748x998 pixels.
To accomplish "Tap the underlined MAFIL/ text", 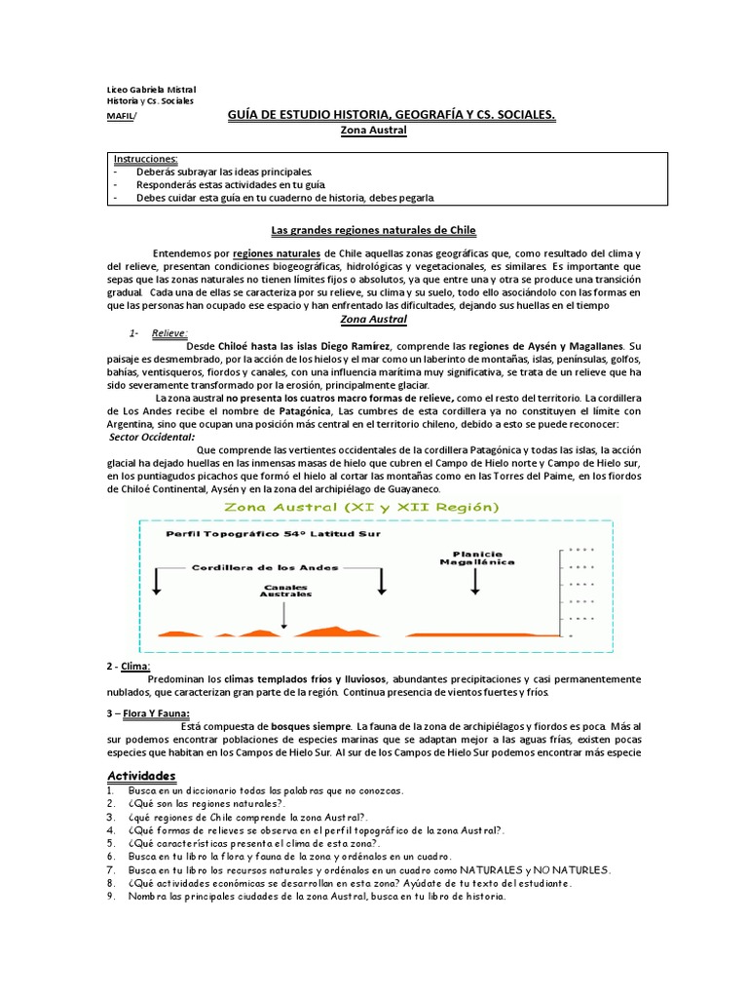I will pos(122,115).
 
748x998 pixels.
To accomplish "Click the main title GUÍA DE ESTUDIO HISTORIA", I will pos(391,115).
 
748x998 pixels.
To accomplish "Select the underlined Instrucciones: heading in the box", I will pos(145,158).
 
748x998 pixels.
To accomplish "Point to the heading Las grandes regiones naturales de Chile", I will pos(372,231).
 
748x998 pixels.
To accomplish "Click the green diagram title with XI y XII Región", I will pos(361,508).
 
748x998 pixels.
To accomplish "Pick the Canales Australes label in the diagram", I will pos(285,590).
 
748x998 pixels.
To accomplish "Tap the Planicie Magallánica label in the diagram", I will pos(474,557).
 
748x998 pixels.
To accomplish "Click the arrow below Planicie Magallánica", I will pos(475,580).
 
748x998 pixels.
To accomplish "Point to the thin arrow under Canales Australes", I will pos(283,614).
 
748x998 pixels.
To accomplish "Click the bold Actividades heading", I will pos(140,775).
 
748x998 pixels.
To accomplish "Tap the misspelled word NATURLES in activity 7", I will pos(580,868).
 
